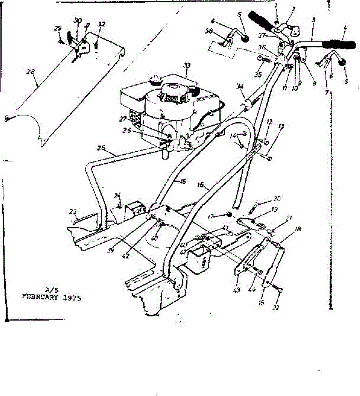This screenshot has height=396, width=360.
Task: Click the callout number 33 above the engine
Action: tap(187, 66)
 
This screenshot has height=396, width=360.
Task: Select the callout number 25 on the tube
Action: tap(102, 148)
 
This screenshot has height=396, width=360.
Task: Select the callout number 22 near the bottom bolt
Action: tap(276, 307)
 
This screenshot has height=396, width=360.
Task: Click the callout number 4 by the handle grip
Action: tap(345, 29)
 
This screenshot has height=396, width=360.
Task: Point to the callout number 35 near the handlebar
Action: tap(258, 75)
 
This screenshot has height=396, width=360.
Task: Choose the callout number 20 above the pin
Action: tap(277, 199)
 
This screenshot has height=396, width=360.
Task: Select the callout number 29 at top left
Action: tap(58, 29)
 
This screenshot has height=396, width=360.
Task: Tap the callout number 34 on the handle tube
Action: tap(240, 86)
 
